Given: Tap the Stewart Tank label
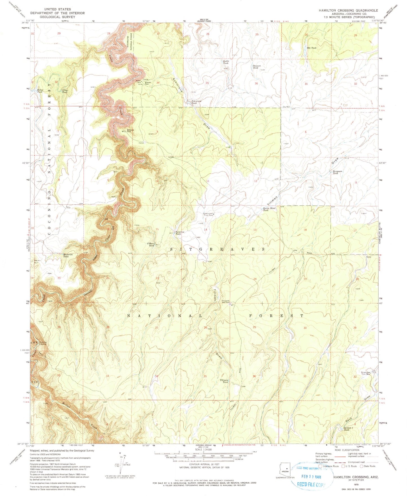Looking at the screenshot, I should [255, 67].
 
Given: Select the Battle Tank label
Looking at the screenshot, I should [226, 62].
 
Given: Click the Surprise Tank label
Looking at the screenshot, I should [180, 233].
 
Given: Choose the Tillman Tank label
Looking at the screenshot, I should [224, 381].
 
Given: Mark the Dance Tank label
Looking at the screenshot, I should [40, 91].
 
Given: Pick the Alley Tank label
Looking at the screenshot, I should [65, 91].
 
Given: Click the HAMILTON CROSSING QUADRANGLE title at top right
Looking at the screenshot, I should [348, 10].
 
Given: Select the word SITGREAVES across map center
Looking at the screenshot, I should [218, 249].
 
